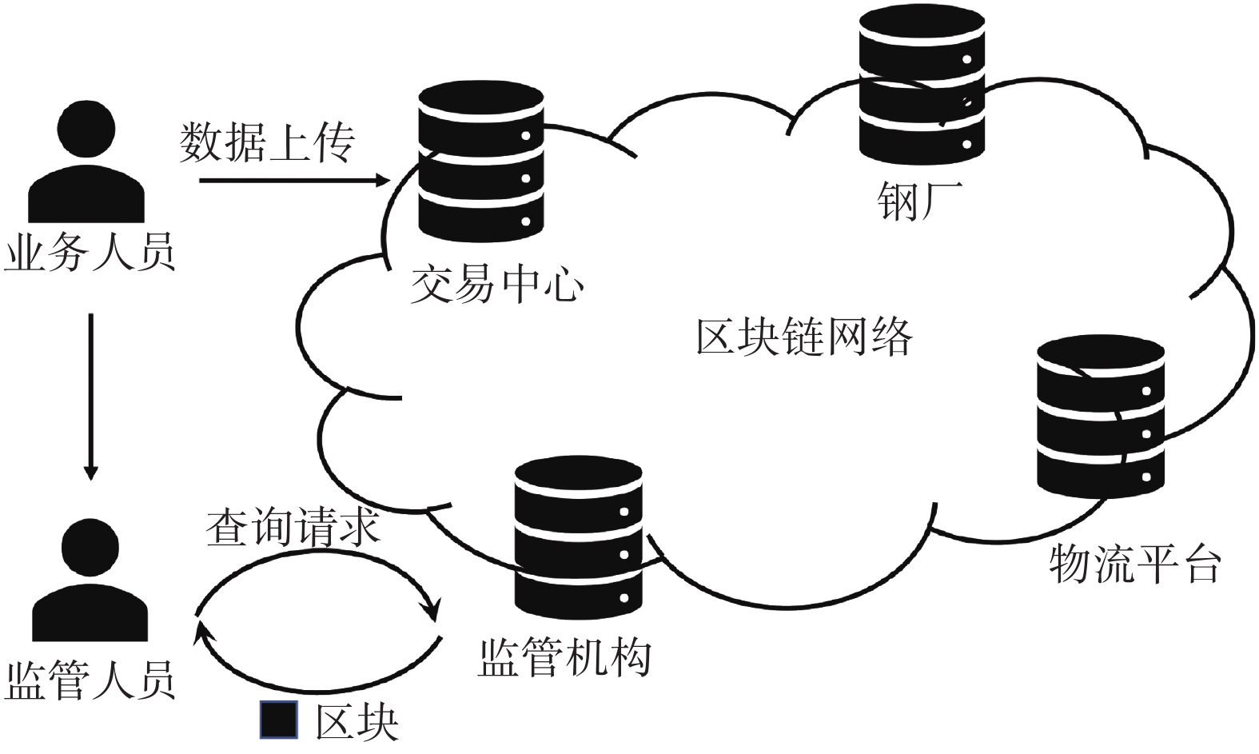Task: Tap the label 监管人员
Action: click(x=90, y=680)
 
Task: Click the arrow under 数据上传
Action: click(x=293, y=182)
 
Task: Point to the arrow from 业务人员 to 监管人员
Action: click(x=91, y=396)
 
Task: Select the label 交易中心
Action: click(x=496, y=284)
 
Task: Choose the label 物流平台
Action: click(x=1134, y=564)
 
